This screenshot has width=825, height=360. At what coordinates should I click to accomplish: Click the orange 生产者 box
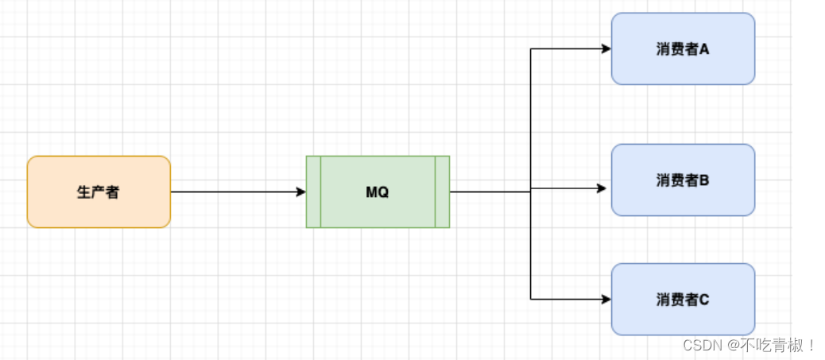click(99, 192)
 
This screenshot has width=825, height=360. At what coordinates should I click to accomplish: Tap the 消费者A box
click(683, 67)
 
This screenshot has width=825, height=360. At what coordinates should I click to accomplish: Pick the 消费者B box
click(683, 199)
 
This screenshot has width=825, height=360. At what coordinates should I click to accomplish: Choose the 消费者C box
click(683, 317)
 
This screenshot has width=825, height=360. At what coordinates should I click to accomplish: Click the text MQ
click(378, 192)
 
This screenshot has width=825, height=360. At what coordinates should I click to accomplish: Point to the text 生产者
click(99, 192)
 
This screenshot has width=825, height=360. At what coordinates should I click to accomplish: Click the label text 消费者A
click(683, 49)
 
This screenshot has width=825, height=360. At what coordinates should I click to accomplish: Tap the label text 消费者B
click(683, 180)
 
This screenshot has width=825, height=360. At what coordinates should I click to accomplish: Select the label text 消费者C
click(683, 300)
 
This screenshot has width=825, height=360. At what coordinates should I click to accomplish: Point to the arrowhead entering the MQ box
click(301, 192)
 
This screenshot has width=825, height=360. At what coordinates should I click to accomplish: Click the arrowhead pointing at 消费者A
click(606, 48)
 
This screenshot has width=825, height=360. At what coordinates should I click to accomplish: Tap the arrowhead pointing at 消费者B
click(602, 188)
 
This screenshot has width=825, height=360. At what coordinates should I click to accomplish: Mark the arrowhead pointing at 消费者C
click(606, 300)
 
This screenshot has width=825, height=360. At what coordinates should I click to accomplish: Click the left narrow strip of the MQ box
click(314, 192)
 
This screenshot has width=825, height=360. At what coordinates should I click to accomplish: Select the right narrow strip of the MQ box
click(443, 192)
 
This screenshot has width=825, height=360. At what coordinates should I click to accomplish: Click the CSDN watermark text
click(700, 345)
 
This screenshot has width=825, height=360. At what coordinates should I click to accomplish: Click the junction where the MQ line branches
click(531, 191)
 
